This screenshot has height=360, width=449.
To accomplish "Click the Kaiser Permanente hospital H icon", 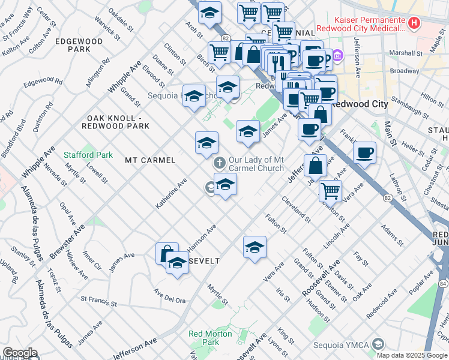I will (x=414, y=23).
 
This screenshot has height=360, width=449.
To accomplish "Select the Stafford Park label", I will (x=88, y=155).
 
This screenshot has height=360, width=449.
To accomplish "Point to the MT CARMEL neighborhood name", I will (x=150, y=160).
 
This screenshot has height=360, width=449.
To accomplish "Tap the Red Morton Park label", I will (x=210, y=338).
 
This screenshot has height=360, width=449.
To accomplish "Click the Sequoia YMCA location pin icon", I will (x=378, y=344).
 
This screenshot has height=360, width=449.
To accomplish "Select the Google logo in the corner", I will (x=19, y=353).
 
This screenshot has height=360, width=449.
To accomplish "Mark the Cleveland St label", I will (x=296, y=209).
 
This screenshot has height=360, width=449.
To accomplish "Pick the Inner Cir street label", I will (x=93, y=261).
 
